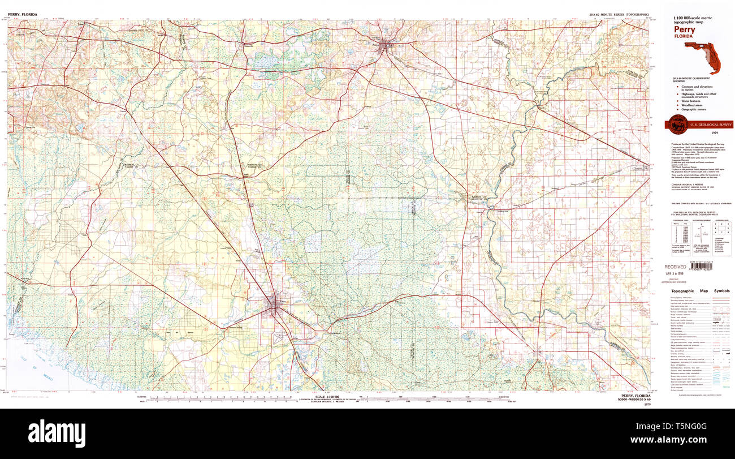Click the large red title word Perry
point(685,30)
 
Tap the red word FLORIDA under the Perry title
point(683,37)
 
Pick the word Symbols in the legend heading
point(721,291)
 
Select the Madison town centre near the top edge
point(385,45)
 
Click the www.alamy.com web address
point(697,439)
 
